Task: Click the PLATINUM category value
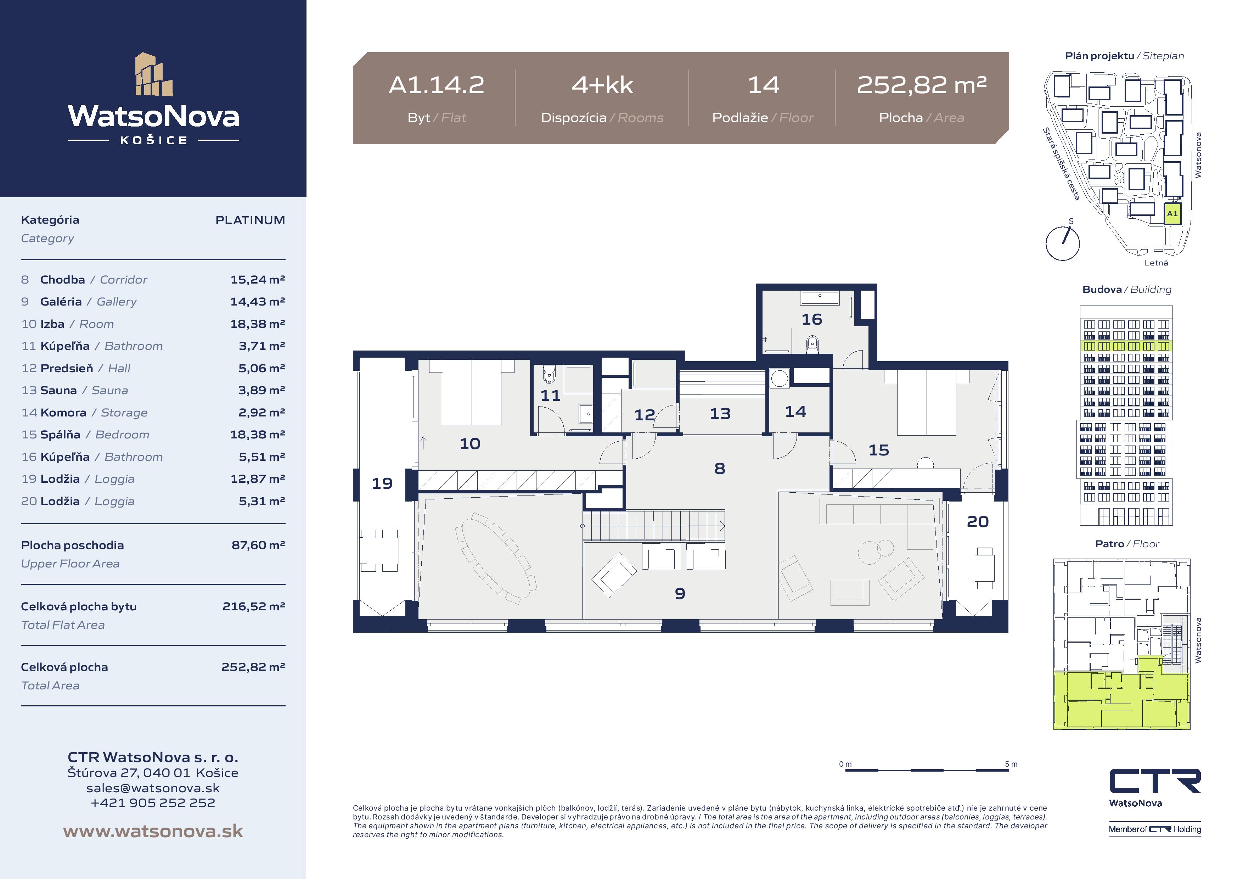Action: click(x=250, y=220)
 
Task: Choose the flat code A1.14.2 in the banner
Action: click(x=436, y=85)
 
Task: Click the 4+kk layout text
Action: click(x=602, y=85)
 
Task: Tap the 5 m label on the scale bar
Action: click(x=1011, y=764)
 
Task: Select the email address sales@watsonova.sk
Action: click(x=153, y=788)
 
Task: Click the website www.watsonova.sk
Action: click(x=153, y=831)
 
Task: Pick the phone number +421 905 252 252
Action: click(x=153, y=803)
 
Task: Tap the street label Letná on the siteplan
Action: click(x=1156, y=263)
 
